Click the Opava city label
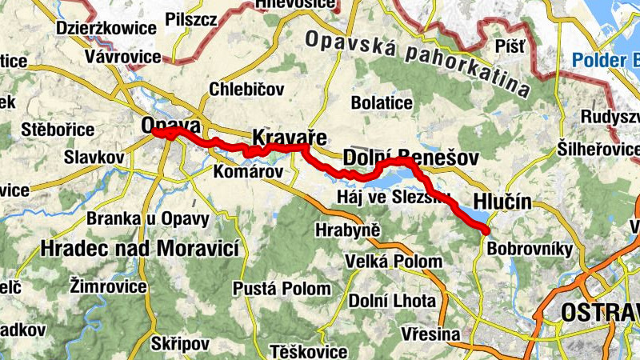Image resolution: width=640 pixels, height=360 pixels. pyautogui.click(x=170, y=126)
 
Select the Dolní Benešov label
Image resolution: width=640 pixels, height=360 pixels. pyautogui.click(x=398, y=157)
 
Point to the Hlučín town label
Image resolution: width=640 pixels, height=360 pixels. pyautogui.click(x=502, y=201)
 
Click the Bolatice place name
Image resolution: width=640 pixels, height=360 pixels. pyautogui.click(x=382, y=103)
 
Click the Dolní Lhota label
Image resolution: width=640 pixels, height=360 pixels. pyautogui.click(x=393, y=301)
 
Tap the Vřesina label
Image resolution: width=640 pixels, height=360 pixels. pyautogui.click(x=432, y=334)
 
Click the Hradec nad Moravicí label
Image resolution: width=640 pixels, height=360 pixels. pyautogui.click(x=142, y=248)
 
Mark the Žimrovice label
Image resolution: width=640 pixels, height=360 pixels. pyautogui.click(x=108, y=285)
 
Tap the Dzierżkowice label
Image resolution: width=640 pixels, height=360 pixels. pyautogui.click(x=106, y=28)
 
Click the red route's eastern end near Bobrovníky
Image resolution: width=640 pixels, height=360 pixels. pyautogui.click(x=486, y=230)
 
